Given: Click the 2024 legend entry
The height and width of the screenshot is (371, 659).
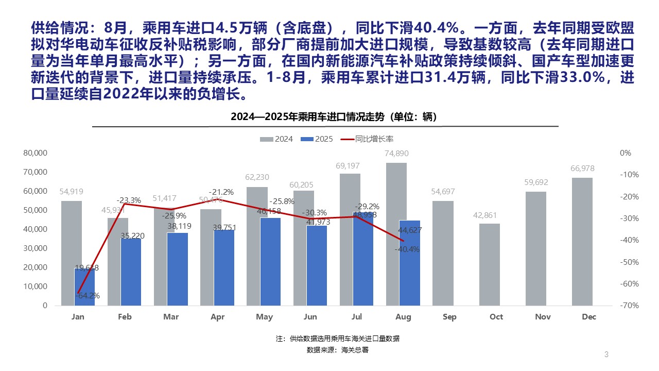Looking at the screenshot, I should point(277,139).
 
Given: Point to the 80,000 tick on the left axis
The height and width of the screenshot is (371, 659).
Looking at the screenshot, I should point(35,153).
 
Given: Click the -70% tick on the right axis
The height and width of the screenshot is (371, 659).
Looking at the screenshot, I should point(625,306).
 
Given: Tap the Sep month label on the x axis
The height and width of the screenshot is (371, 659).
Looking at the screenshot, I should point(449,317).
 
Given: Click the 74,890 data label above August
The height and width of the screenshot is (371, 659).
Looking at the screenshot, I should point(396,154).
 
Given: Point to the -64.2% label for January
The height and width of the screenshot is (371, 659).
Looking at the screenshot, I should point(88,296).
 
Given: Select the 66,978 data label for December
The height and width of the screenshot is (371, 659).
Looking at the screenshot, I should point(582,168).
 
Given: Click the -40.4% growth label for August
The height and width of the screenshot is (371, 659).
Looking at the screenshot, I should point(407,249).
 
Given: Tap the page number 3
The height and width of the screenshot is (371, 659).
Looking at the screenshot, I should point(606,354).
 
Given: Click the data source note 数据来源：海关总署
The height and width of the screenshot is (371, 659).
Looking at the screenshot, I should point(337,350).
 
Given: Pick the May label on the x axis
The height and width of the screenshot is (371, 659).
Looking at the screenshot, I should point(264,317).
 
